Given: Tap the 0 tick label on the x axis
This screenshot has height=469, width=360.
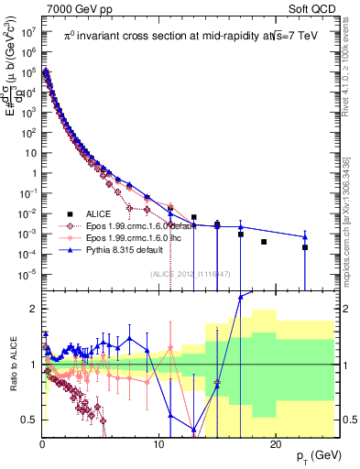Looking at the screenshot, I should pyautogui.click(x=43, y=443).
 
